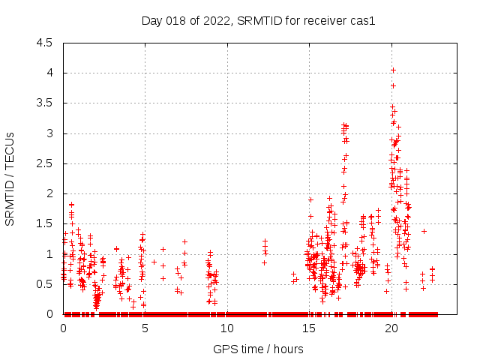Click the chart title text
point(258,20)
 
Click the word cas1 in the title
point(362,20)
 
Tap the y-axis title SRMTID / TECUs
point(10,178)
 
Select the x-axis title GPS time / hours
point(258,349)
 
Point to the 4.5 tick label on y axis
point(45,43)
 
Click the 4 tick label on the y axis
point(49,73)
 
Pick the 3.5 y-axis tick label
point(45,103)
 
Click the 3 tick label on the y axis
point(49,133)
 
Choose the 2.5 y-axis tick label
point(45,163)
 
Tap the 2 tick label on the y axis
point(49,193)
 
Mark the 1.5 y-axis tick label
point(45,224)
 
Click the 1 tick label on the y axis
point(49,254)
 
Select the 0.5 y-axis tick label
point(45,284)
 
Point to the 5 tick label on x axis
point(145,328)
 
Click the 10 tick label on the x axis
point(226,328)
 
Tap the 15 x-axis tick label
point(308,328)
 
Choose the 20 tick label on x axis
point(390,328)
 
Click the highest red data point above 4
point(393,70)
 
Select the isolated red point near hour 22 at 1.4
point(424,231)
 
